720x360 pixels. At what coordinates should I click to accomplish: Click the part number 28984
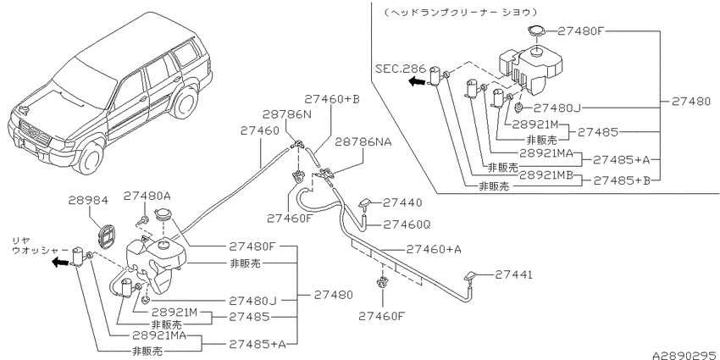click(88, 201)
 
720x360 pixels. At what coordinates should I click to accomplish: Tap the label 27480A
click(147, 197)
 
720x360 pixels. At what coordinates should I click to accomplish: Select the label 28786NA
click(363, 142)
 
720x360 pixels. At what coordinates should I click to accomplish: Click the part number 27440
click(402, 202)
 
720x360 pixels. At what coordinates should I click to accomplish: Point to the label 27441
click(514, 274)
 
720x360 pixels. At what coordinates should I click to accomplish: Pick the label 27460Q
click(407, 224)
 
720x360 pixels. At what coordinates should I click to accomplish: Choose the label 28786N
click(287, 114)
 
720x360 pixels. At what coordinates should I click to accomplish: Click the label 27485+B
click(623, 180)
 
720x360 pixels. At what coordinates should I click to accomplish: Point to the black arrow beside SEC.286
click(417, 81)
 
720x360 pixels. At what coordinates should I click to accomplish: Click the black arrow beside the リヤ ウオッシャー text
click(60, 263)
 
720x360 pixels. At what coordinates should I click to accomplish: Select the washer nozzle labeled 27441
click(472, 276)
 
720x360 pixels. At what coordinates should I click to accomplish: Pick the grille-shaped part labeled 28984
click(108, 235)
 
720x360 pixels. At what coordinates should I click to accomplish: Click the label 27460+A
click(434, 249)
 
